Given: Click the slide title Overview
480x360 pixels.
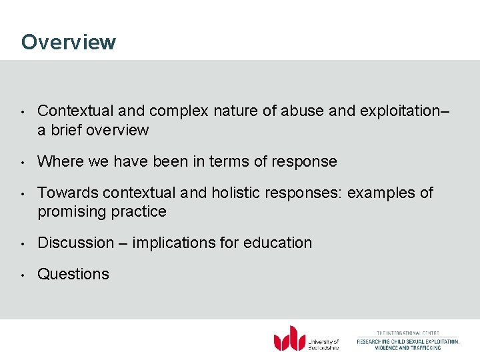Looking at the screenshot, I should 69,42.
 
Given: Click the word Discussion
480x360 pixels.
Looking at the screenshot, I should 76,243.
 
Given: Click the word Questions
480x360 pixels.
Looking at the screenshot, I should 73,274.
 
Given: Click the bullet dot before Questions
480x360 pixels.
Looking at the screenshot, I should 23,274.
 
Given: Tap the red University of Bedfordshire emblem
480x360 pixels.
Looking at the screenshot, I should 289,338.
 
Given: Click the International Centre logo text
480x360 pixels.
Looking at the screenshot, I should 408,340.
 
